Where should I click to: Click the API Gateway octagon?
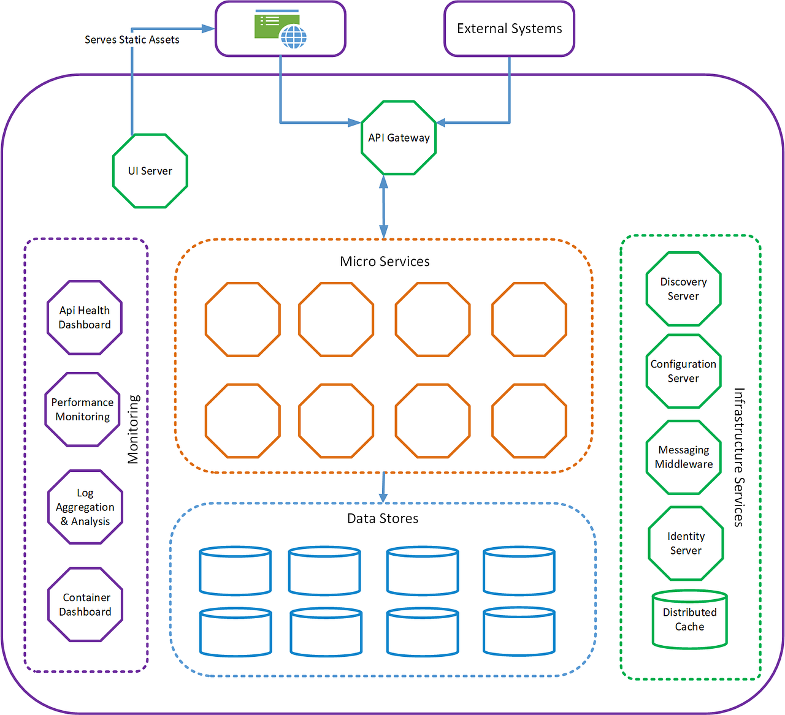[x=399, y=138]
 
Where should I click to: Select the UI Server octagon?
[x=150, y=171]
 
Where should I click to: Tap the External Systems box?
[x=509, y=29]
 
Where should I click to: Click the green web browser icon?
[x=280, y=29]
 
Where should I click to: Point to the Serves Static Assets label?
[x=132, y=40]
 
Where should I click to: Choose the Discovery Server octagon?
[x=683, y=289]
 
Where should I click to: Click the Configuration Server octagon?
[x=683, y=371]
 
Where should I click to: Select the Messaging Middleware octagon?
[x=683, y=457]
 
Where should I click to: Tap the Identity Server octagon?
[x=686, y=543]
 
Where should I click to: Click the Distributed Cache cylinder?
[x=689, y=619]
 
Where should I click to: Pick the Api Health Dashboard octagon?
[x=85, y=317]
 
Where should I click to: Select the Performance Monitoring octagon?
[x=82, y=409]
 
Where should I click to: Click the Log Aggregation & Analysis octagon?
[x=85, y=507]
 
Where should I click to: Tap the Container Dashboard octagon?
[x=85, y=605]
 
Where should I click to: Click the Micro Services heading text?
[x=385, y=262]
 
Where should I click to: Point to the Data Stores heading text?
[x=383, y=519]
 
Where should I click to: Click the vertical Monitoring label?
[x=133, y=429]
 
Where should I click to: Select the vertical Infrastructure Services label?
[x=739, y=457]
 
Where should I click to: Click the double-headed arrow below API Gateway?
[x=384, y=207]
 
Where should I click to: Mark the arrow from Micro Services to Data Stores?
[x=383, y=488]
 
